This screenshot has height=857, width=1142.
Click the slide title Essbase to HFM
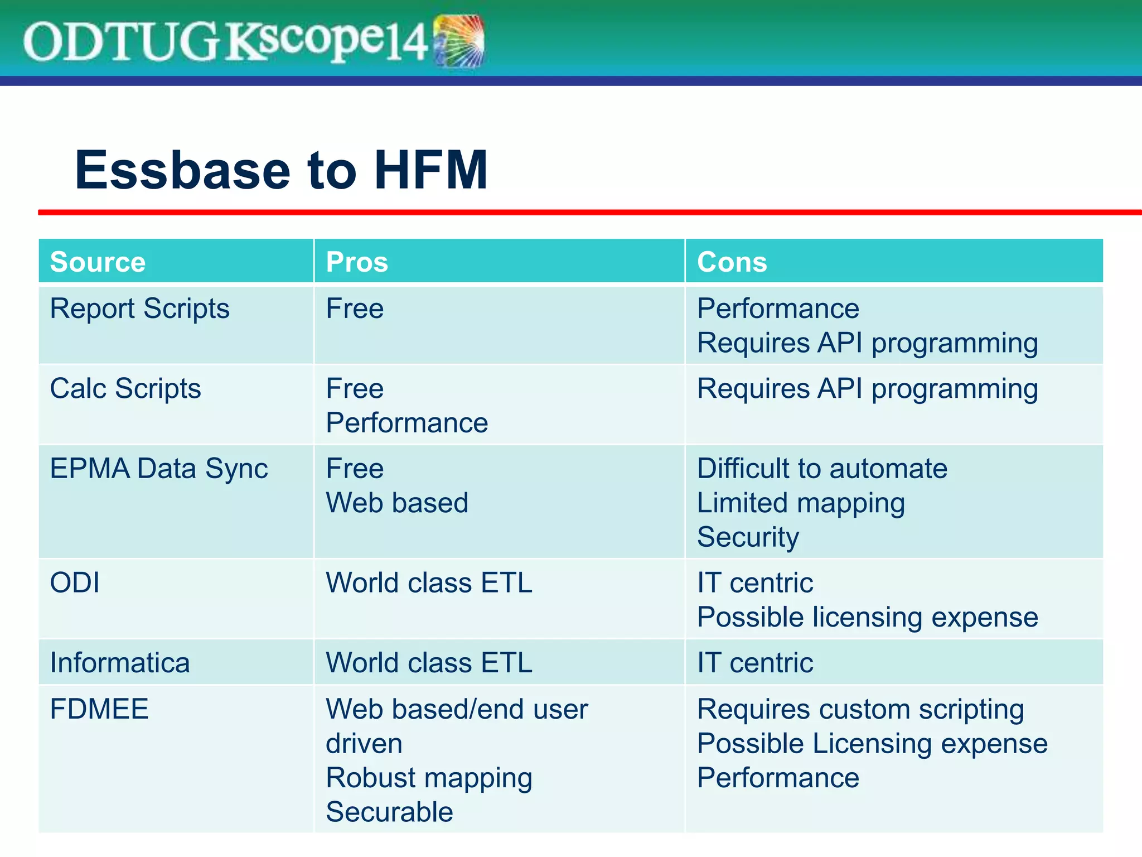tap(281, 170)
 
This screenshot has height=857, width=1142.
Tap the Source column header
tap(98, 262)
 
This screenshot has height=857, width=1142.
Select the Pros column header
tap(357, 262)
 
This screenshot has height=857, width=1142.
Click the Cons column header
tap(732, 262)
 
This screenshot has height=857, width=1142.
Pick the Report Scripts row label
tap(139, 309)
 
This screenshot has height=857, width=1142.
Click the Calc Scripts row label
tap(125, 388)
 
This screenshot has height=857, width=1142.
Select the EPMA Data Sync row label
tap(159, 468)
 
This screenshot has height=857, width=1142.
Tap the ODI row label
tap(75, 582)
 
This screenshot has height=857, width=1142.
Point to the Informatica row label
tap(120, 663)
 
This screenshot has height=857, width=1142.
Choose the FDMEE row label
tap(99, 709)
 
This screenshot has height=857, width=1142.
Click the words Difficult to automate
tap(822, 468)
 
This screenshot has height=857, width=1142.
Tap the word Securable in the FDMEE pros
tap(389, 812)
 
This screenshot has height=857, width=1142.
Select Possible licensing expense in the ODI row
tap(867, 617)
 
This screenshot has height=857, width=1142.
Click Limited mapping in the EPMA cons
tap(801, 503)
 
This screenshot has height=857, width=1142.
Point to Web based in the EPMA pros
tap(397, 503)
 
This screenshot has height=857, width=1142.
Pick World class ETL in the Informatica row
tap(429, 663)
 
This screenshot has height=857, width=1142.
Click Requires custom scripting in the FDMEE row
tap(860, 709)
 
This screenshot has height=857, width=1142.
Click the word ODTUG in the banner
tap(120, 42)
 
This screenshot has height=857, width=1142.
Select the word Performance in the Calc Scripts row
tap(407, 423)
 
